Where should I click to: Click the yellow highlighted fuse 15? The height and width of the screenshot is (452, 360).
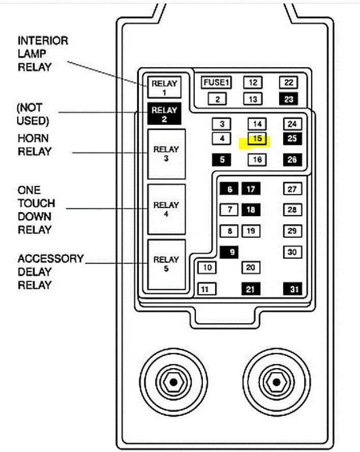[x=257, y=139]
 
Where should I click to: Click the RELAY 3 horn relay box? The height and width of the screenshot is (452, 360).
[x=166, y=154]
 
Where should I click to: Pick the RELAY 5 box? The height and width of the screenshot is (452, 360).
[x=166, y=264]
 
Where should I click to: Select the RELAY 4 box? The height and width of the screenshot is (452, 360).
[x=166, y=209]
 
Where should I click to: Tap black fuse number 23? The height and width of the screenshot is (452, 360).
[x=289, y=99]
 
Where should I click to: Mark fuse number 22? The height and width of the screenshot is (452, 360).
[x=289, y=83]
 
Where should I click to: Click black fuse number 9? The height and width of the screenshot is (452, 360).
[x=230, y=252]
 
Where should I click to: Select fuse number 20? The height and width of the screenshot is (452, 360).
[x=250, y=267]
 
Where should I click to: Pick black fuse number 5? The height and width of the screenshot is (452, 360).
[x=221, y=160]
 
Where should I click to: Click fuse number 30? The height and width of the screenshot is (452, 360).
[x=292, y=252]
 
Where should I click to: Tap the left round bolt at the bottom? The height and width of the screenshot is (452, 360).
[x=173, y=381]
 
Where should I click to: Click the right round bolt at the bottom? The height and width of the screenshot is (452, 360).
[x=275, y=381]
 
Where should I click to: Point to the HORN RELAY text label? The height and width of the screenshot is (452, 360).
[x=35, y=145]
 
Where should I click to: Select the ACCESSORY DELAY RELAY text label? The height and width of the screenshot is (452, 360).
[x=50, y=272]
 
